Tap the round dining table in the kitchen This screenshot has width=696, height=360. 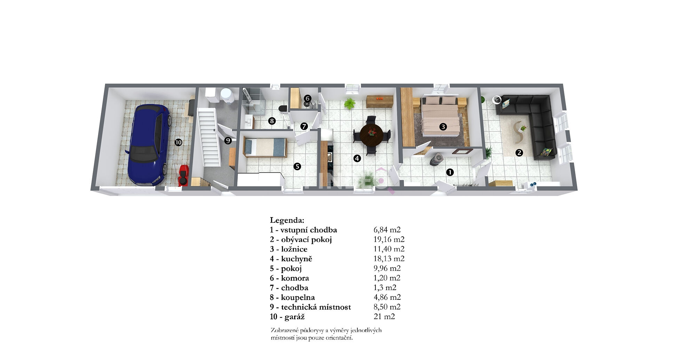[372, 135]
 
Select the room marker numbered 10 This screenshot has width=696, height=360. [178, 142]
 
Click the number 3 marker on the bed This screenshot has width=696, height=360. [443, 127]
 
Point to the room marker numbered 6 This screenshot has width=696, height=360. [307, 98]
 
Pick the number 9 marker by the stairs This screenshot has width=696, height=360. [228, 141]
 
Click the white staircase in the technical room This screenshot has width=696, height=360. [209, 137]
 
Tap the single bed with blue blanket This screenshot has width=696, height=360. [265, 147]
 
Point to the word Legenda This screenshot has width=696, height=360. [287, 220]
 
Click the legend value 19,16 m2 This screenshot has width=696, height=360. [389, 239]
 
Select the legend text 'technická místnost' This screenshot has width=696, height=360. [316, 307]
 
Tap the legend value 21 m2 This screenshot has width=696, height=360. [384, 317]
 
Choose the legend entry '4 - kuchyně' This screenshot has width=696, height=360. [291, 259]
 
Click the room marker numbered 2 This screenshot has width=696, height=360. [519, 152]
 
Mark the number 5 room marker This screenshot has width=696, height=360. [297, 167]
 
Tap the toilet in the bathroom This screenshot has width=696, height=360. [283, 108]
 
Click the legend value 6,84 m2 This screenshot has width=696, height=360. [387, 230]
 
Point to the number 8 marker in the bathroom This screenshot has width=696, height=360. [272, 121]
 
